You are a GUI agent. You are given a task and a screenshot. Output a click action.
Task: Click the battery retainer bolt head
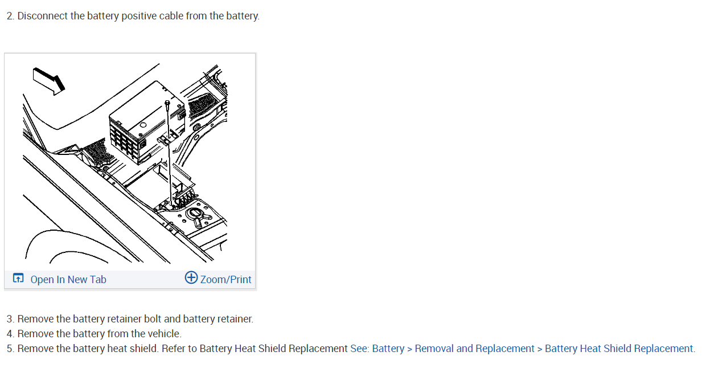tap(166, 103)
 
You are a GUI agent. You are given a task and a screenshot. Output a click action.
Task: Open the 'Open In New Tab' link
tap(68, 279)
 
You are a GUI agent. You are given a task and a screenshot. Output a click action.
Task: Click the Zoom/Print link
tap(225, 279)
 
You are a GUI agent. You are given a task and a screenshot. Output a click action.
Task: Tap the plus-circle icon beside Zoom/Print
tap(191, 278)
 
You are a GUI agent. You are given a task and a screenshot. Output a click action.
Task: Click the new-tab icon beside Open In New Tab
tap(19, 279)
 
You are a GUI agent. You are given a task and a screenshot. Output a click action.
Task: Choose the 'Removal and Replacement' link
tap(474, 349)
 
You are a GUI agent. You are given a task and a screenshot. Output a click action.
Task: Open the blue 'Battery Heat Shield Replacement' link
tap(619, 349)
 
